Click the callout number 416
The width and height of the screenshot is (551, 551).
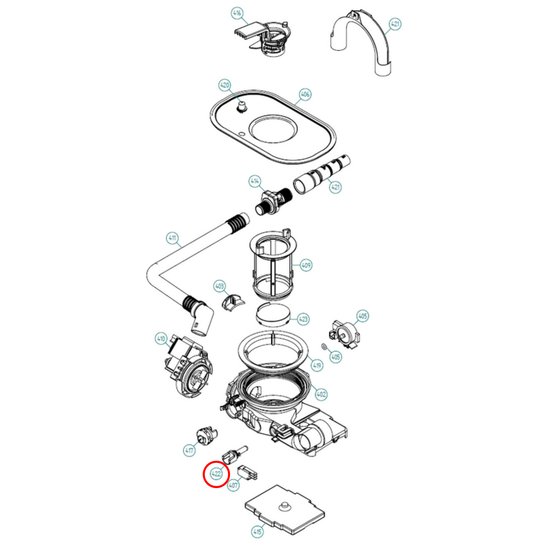(x=237, y=13)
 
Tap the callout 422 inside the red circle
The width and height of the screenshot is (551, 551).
(x=216, y=474)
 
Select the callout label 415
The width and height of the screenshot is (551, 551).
(x=257, y=531)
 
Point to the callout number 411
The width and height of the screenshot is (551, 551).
(x=173, y=238)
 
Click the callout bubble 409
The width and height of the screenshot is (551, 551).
(x=306, y=265)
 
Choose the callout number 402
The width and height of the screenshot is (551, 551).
(x=321, y=394)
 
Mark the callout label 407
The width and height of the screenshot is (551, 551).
(x=233, y=485)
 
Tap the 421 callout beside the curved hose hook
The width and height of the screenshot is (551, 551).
(x=395, y=24)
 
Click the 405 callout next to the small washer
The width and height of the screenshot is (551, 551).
(x=336, y=357)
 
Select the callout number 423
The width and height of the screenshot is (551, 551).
(x=303, y=319)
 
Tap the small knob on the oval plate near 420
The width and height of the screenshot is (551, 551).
(x=241, y=106)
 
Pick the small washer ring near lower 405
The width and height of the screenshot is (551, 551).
(x=324, y=346)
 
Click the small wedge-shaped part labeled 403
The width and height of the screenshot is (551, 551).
(x=232, y=302)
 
